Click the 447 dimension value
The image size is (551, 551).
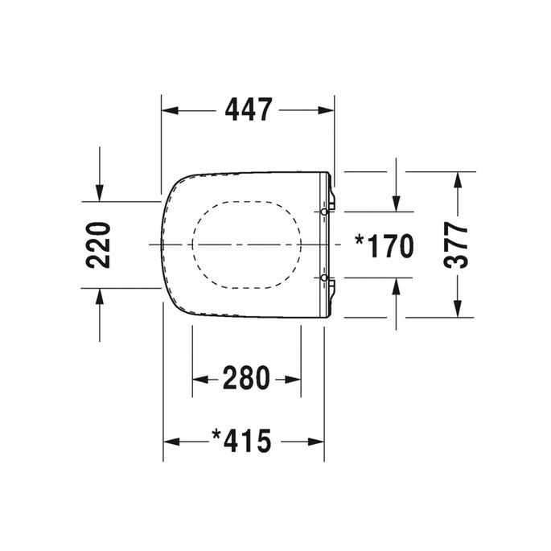[x=248, y=109]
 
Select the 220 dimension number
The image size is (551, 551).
[x=98, y=245]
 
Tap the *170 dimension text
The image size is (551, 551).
[x=384, y=245]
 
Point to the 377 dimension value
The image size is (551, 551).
[x=457, y=245]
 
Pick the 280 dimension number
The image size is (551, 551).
[x=247, y=377]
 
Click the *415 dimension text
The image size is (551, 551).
[x=242, y=441]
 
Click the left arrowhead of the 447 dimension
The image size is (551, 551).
[x=171, y=109]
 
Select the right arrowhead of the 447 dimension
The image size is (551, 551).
[x=326, y=109]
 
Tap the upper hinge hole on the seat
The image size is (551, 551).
[x=324, y=211]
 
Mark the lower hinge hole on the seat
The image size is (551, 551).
[x=324, y=278]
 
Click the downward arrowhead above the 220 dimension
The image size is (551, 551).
[x=99, y=192]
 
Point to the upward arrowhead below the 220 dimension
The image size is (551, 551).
[x=99, y=297]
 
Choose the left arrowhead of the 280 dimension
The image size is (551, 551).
[x=200, y=377]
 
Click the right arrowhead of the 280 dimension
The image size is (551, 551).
[x=294, y=377]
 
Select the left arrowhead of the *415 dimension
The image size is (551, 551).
[x=171, y=441]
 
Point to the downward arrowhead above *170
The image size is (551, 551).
[x=396, y=203]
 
